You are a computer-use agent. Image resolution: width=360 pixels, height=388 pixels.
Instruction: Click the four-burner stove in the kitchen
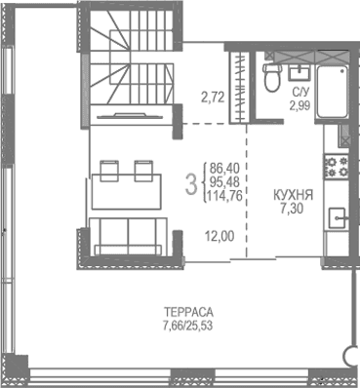click(337, 168)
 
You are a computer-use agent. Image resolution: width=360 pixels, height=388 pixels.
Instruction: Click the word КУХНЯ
click(293, 194)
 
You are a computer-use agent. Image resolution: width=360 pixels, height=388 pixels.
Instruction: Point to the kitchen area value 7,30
click(293, 208)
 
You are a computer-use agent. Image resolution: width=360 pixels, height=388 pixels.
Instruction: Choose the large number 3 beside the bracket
click(191, 181)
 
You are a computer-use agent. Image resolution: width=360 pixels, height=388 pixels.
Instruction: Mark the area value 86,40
click(225, 168)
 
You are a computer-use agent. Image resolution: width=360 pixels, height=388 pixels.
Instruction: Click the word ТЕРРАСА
click(188, 313)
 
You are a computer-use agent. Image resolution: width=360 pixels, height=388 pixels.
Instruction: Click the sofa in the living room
click(130, 237)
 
